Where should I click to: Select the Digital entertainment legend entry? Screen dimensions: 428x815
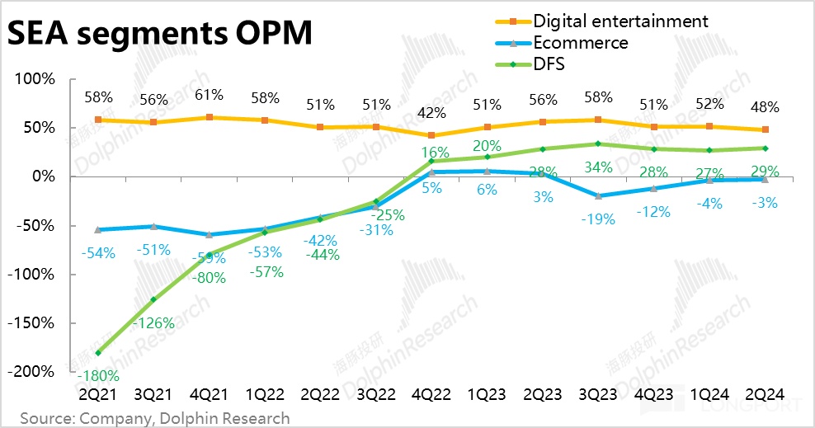pos(620,20)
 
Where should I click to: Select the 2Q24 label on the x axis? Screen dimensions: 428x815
pos(765,395)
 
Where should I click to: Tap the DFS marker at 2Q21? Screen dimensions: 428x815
pos(98,353)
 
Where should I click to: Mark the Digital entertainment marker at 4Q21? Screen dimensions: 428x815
pos(210,117)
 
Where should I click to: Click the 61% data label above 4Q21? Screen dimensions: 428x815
pos(210,96)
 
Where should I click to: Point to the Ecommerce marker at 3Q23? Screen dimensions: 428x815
pos(598,195)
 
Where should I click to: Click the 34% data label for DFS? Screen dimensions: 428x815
pos(598,167)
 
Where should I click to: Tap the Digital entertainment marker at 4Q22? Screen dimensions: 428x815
pos(431,136)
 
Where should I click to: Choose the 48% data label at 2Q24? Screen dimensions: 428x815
pos(765,107)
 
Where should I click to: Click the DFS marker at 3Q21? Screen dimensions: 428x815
pos(153,299)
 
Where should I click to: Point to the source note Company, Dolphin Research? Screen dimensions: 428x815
pos(155,418)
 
